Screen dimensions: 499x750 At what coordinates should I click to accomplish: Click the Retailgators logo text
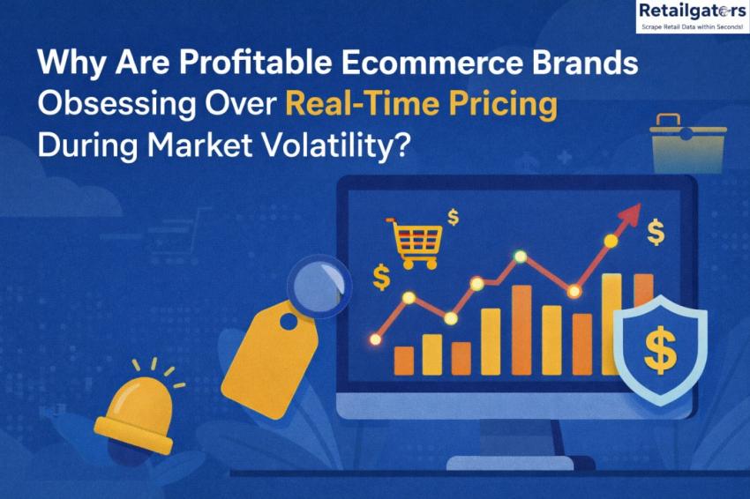point(691,11)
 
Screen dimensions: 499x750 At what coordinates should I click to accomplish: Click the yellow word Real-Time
point(353,105)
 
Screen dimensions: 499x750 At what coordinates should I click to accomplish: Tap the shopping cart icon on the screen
point(416,241)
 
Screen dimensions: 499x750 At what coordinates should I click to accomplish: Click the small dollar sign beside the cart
point(454,216)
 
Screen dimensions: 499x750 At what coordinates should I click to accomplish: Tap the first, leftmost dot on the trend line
point(375,338)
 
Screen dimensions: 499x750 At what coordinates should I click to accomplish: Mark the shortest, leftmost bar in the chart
point(403,360)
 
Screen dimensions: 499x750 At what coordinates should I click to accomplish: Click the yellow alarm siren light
point(134,409)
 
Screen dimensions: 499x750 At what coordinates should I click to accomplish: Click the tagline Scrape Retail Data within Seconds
point(691,26)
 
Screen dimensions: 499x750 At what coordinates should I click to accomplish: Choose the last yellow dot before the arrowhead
point(610,240)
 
